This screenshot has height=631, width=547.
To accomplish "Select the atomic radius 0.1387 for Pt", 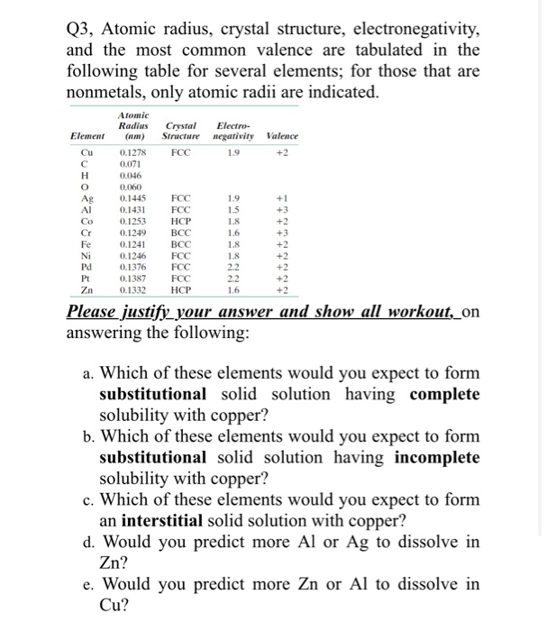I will click(x=132, y=279).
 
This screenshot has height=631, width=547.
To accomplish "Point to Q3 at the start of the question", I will click(x=82, y=28).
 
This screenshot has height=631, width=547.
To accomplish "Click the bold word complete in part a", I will click(x=444, y=395).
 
